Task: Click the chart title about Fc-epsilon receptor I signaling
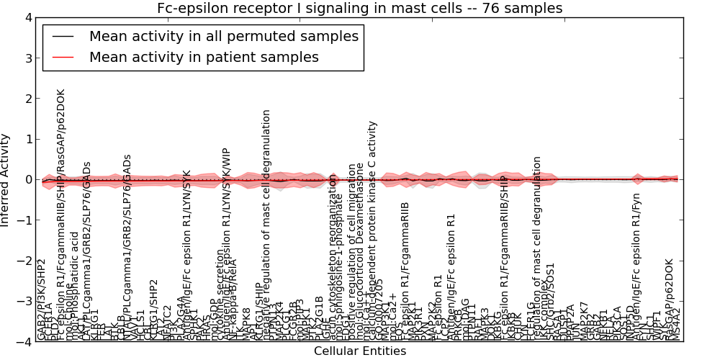point(359,9)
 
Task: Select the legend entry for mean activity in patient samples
point(204,57)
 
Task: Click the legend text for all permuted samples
point(223,36)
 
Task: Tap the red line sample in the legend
point(63,58)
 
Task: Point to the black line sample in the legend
point(63,37)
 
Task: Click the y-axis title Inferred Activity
point(6,180)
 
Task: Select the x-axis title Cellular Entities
point(359,351)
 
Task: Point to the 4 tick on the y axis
point(29,17)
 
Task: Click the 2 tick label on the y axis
point(29,99)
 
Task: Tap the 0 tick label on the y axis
point(29,180)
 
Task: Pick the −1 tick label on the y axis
point(26,220)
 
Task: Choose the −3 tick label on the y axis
point(26,302)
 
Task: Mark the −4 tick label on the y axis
point(26,342)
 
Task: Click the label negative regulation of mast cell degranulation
point(266,223)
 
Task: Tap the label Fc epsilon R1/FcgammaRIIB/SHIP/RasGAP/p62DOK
point(60,216)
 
